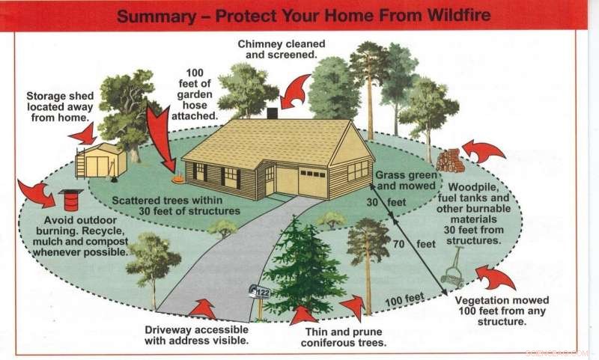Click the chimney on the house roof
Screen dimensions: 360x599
[x=272, y=113]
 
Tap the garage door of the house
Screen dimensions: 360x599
[x=312, y=182]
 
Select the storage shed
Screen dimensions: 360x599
[x=102, y=161]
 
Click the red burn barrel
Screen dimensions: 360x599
[x=71, y=199]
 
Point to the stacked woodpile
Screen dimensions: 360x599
[x=450, y=160]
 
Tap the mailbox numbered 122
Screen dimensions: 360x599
[x=260, y=293]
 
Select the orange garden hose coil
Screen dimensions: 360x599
[x=178, y=179]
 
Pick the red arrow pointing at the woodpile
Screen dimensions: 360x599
[x=484, y=151]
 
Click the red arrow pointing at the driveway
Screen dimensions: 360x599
[x=201, y=308]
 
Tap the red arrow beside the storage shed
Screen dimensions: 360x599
[x=82, y=135]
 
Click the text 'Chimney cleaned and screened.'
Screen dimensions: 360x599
[x=278, y=49]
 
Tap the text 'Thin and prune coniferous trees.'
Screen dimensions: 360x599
[x=344, y=337]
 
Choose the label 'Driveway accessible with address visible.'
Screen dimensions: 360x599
[x=196, y=335]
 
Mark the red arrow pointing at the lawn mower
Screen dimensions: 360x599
[x=494, y=278]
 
